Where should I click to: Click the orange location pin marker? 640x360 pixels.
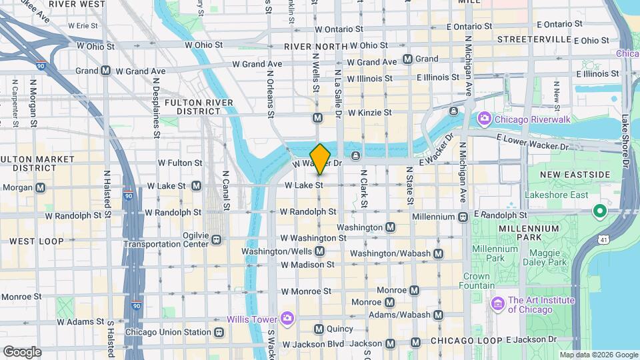point(320,159)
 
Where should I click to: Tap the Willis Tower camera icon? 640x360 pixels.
point(287,317)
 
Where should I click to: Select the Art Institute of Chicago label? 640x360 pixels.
point(531,304)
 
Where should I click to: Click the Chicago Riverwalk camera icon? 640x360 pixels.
point(485,119)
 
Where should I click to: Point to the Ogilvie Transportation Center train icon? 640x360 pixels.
point(217,238)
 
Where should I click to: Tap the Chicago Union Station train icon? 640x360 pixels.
point(218,332)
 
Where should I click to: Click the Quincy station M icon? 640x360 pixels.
point(319,329)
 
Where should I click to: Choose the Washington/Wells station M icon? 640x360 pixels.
point(319,251)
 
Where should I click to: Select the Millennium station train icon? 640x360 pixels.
point(462,217)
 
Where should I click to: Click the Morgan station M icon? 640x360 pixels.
point(41,187)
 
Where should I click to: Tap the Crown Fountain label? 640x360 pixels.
point(477,281)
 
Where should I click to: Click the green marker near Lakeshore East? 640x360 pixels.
point(599,212)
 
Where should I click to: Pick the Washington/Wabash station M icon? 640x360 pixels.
point(438,253)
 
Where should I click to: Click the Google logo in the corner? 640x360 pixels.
point(21,351)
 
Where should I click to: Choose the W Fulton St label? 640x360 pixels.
point(179,162)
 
